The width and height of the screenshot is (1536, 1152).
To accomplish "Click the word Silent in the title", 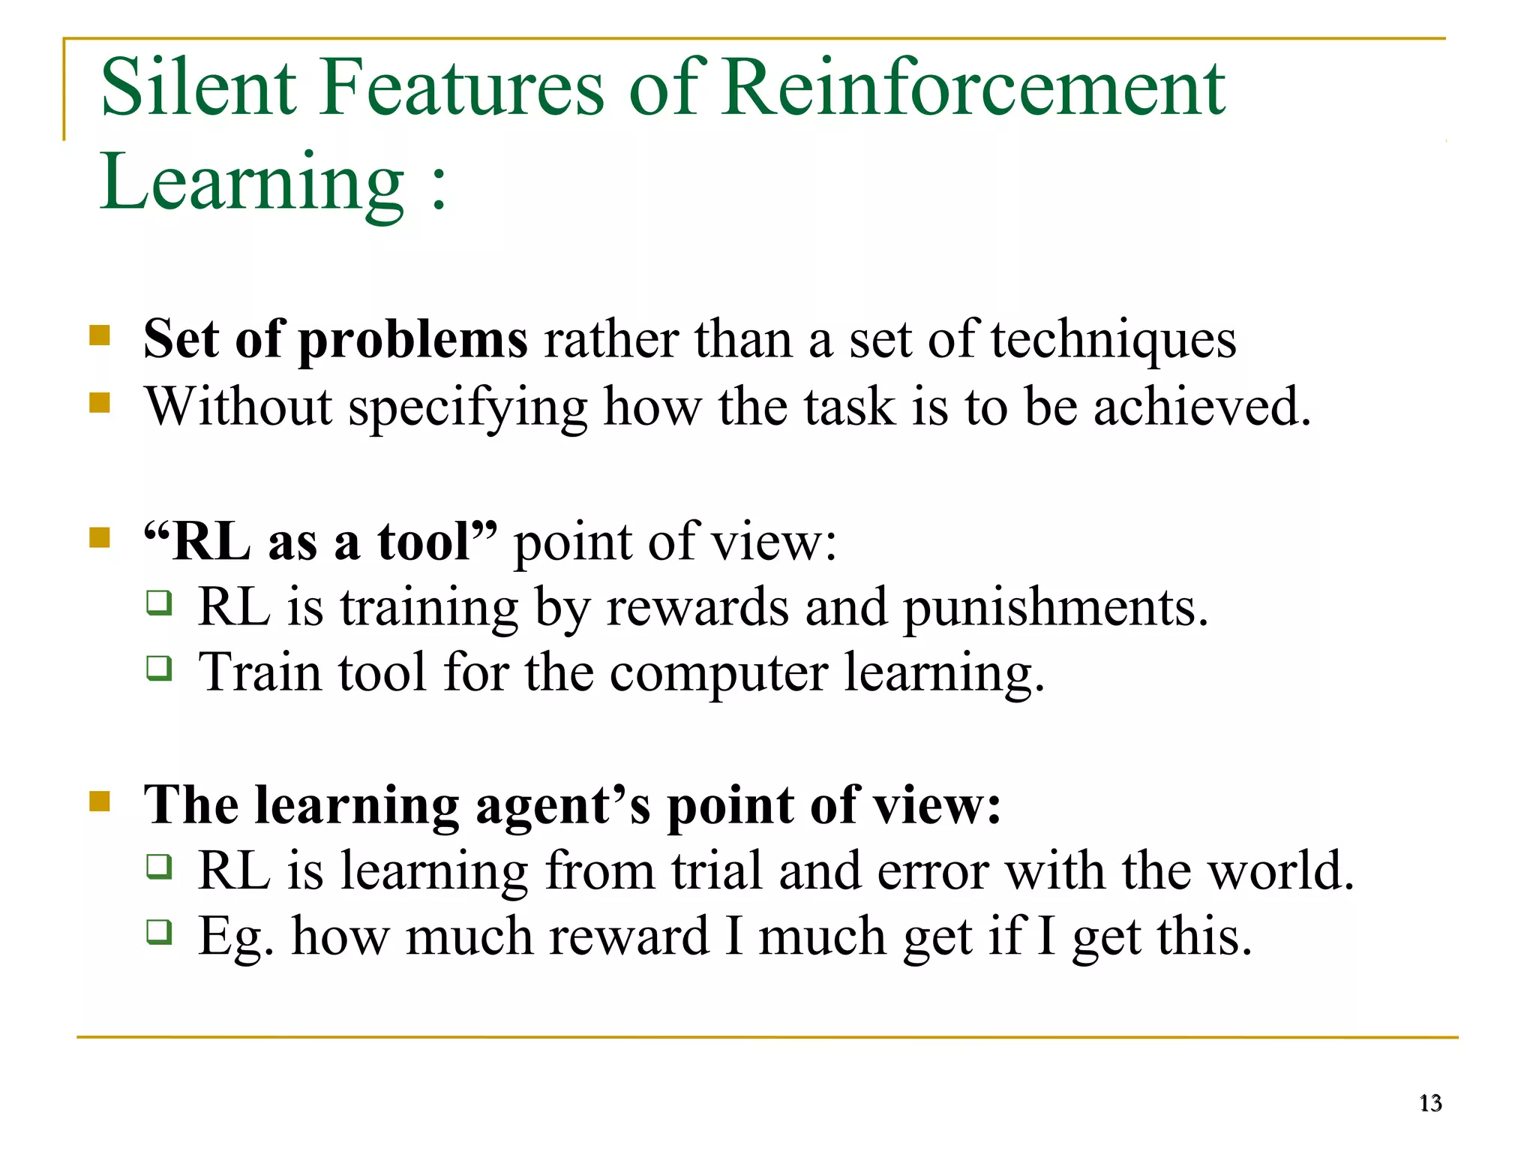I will point(199,88).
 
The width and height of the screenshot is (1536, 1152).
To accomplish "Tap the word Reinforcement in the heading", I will point(973,88).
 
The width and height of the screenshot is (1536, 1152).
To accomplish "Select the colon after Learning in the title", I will point(439,184).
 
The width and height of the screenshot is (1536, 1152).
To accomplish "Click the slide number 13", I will point(1430,1103).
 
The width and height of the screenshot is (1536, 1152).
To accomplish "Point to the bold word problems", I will point(413,340).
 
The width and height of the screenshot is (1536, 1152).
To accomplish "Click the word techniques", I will point(1113,340).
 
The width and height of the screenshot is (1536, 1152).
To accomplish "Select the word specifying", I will point(468,408).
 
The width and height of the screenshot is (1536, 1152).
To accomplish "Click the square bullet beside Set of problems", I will point(100,335).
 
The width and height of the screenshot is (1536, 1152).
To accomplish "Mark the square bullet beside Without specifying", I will point(100,403).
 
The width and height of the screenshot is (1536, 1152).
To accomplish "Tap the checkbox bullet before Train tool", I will point(159,667).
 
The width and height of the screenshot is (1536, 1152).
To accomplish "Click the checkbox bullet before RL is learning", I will point(159,866).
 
